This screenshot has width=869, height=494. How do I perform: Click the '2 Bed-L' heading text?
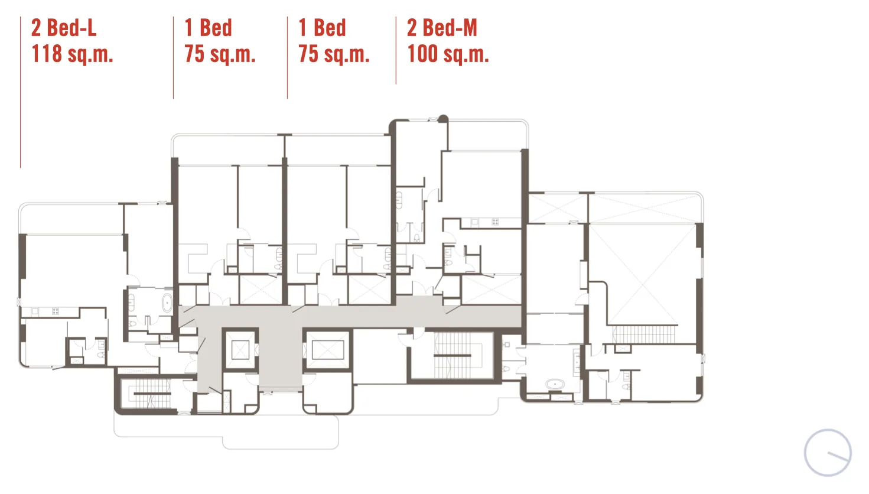64,28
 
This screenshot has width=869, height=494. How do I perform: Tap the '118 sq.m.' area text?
72,54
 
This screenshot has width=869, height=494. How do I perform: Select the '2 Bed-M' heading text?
442,28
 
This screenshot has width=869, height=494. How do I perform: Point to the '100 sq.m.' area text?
448,54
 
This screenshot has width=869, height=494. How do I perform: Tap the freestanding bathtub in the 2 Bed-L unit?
167,303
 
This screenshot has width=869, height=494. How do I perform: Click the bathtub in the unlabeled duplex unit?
555,384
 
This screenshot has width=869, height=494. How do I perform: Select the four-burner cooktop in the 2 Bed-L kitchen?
56,311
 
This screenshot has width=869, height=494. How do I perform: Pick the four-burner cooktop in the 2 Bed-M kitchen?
495,222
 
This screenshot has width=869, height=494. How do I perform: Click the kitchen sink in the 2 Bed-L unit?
35,311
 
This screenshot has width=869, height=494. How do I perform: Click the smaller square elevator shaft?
240,350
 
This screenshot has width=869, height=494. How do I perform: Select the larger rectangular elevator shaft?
328,350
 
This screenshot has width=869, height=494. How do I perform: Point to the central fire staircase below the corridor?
452,355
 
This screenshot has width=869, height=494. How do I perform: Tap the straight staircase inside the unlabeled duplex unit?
644,334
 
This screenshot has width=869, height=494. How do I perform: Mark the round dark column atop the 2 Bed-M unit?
443,119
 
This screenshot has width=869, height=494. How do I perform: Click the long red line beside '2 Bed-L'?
21,92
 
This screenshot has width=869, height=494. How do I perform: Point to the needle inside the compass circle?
838,457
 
